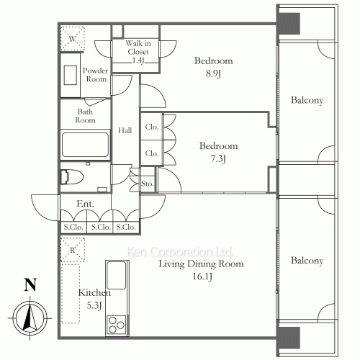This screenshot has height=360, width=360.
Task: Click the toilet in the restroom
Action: (x=72, y=177)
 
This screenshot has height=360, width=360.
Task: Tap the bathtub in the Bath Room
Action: (x=85, y=145)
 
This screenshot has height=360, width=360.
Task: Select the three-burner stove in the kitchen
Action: (x=117, y=325)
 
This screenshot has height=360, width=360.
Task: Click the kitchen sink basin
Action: (x=117, y=275)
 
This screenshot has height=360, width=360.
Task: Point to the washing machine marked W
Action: (x=72, y=39)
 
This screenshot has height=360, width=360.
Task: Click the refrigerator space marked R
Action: (x=73, y=250)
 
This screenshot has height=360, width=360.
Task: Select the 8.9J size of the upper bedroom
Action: (x=213, y=73)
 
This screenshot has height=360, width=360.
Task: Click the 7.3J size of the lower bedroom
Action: (x=218, y=158)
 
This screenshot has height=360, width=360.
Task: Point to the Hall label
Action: (x=125, y=130)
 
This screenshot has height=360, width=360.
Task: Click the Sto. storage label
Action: (x=147, y=184)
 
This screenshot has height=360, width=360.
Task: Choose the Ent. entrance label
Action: (x=85, y=204)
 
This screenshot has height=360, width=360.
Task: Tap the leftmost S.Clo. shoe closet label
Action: (x=73, y=227)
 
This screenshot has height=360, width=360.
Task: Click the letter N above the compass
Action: (x=30, y=284)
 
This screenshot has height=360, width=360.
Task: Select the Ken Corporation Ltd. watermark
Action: (x=180, y=252)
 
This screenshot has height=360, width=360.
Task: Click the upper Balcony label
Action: (x=307, y=100)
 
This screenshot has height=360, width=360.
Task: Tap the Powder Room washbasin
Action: (x=71, y=75)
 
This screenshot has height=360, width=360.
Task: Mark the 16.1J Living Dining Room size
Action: (x=202, y=276)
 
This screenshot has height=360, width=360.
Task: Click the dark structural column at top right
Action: (x=288, y=24)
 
